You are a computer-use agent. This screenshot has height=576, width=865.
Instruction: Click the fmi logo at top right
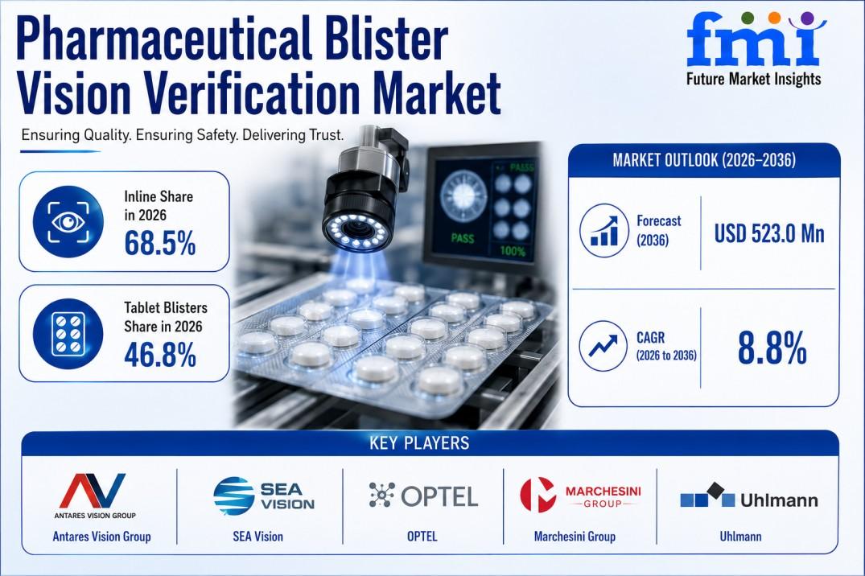point(754,48)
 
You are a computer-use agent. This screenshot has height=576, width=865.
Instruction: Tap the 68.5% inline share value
point(160,243)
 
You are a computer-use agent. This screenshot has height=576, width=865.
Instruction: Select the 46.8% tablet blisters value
point(160,354)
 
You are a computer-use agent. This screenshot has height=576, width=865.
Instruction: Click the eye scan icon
point(68,222)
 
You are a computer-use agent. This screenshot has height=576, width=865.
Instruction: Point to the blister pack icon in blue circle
point(68,334)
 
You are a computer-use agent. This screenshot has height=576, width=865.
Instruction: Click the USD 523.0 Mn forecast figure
point(769,233)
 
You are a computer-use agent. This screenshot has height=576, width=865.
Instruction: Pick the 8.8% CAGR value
point(772,348)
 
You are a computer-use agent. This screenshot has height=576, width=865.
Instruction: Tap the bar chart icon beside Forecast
point(604,230)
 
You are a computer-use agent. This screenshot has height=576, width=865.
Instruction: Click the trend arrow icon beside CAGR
point(603,346)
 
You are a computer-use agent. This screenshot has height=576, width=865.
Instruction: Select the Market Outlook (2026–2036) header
point(704,160)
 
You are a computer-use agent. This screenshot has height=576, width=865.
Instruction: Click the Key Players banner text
point(419,443)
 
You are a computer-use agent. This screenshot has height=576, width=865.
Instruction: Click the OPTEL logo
point(423,496)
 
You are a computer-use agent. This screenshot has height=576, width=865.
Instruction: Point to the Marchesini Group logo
point(580,495)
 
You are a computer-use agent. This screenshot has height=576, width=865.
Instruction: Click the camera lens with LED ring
point(357,230)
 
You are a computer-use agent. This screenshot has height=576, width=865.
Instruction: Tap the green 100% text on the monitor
point(513,252)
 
